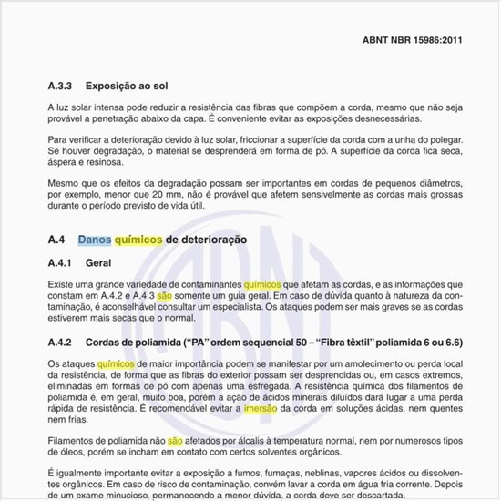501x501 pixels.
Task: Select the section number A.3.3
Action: coord(61,87)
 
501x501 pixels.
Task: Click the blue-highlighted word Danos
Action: coord(94,240)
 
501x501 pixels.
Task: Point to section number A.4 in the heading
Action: coord(57,240)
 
